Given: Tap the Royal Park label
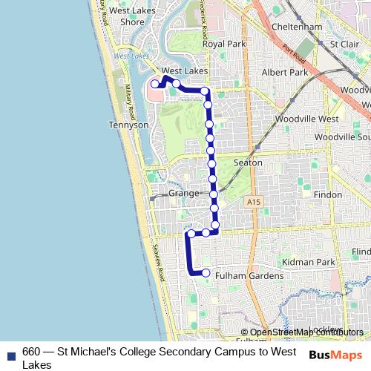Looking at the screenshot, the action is click(223, 44).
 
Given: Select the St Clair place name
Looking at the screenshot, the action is click(344, 44).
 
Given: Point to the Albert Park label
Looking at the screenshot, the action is click(284, 73).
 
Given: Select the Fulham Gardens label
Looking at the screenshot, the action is click(249, 276).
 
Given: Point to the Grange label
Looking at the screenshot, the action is click(183, 193).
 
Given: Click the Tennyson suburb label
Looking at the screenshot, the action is click(128, 125).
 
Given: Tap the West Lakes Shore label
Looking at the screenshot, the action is click(127, 16).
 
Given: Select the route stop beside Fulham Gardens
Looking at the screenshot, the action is click(206, 272).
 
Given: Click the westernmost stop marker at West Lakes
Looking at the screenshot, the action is click(155, 85).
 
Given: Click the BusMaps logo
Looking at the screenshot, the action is click(336, 354).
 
